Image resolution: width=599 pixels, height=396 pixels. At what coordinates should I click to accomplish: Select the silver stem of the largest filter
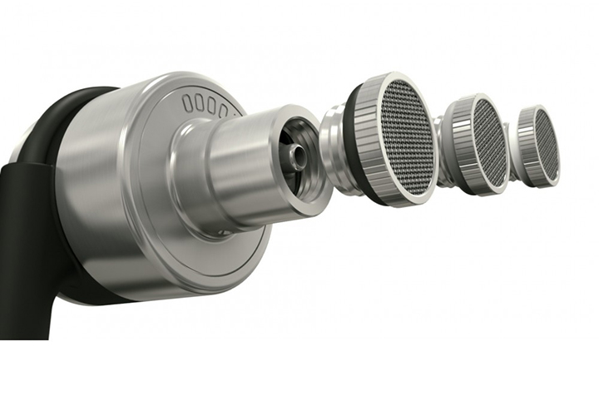332,133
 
